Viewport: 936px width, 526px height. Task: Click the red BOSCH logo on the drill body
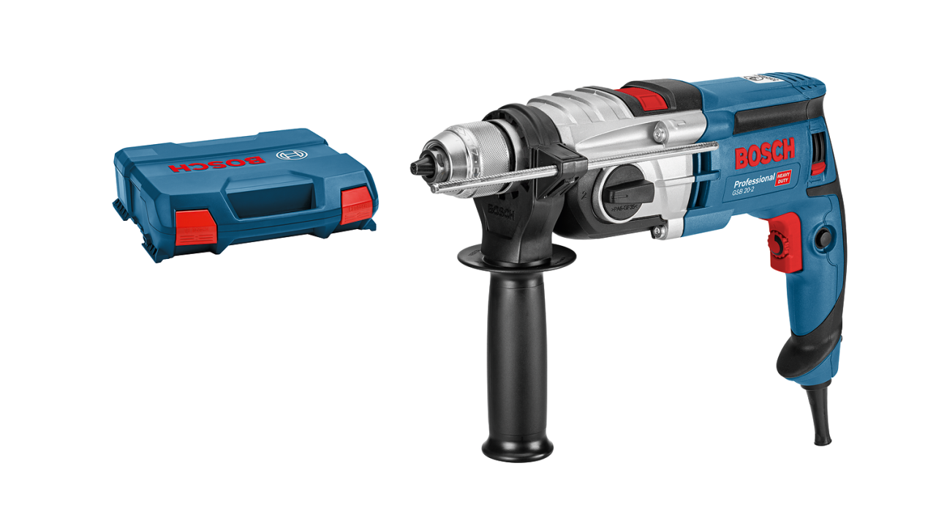764,155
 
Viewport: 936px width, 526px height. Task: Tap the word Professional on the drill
753,180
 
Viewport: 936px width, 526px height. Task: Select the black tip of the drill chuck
419,167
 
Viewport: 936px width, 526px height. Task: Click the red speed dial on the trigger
776,246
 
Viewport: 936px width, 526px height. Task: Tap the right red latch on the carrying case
357,204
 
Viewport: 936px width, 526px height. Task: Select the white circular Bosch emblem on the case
290,155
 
